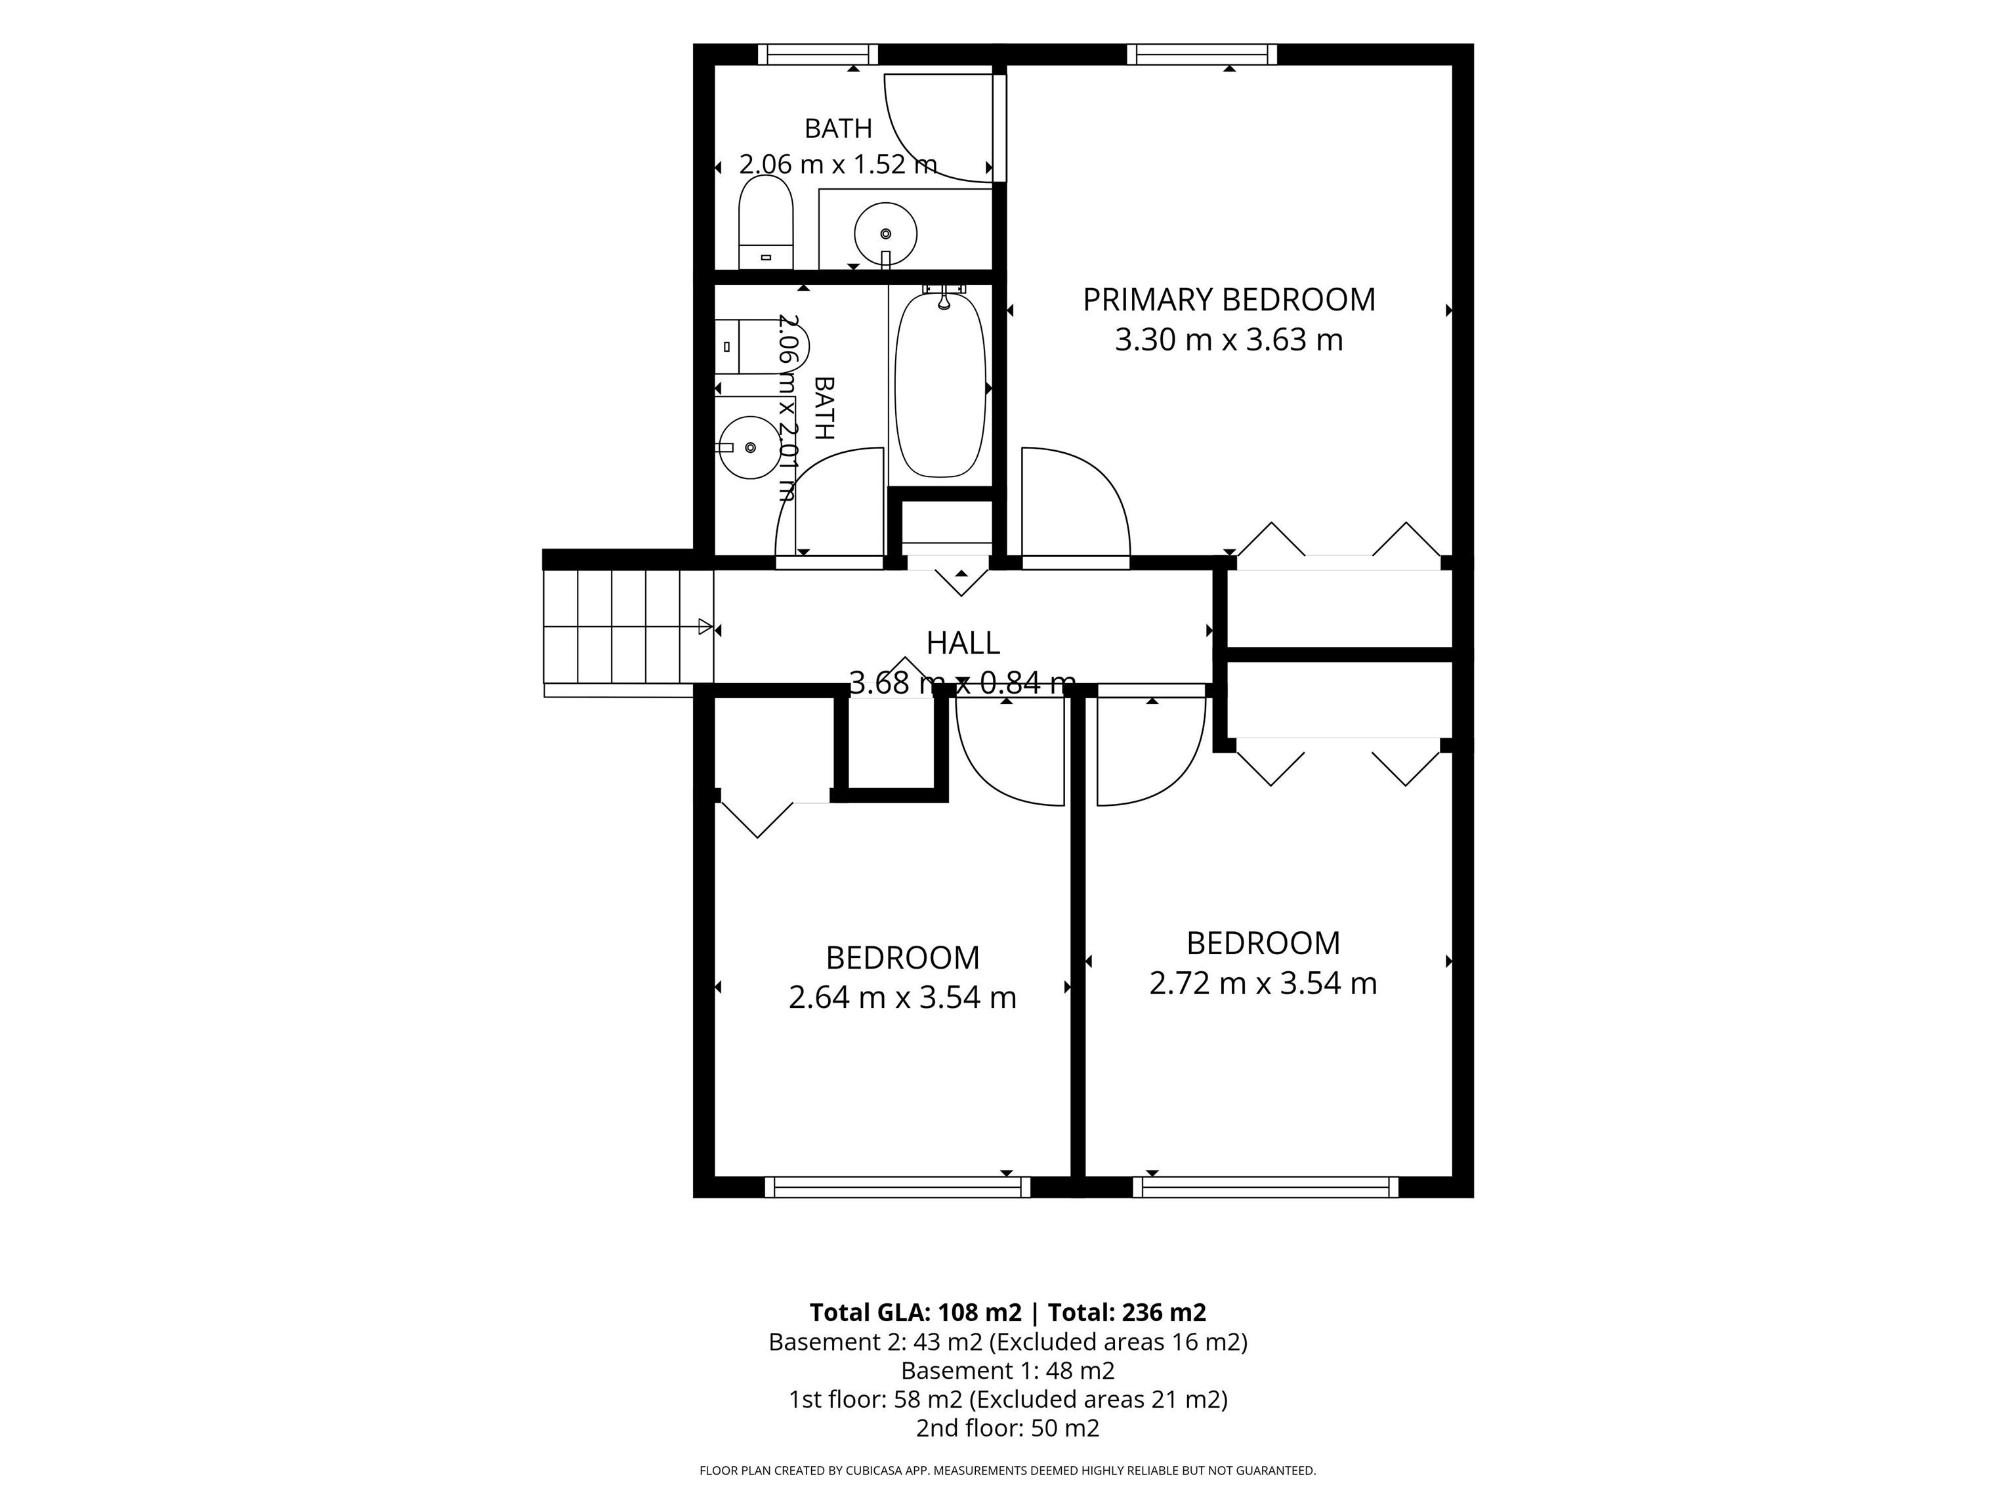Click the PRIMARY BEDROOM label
click(1228, 300)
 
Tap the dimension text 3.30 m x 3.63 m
click(1228, 340)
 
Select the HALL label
click(963, 643)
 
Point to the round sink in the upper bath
click(885, 234)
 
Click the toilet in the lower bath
click(761, 346)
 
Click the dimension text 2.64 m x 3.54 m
click(902, 998)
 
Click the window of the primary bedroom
click(1202, 54)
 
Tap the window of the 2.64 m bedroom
click(898, 1186)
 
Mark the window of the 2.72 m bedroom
click(1266, 1186)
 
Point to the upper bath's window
click(818, 54)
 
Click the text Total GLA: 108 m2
click(915, 1312)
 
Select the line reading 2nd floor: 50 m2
click(1008, 1428)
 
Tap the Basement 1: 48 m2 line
click(1008, 1371)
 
